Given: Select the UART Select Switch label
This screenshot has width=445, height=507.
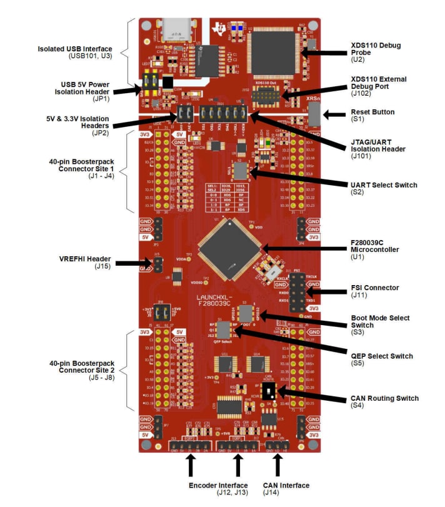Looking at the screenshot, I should click(382, 185).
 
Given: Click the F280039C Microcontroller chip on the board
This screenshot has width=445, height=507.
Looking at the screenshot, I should click(228, 249).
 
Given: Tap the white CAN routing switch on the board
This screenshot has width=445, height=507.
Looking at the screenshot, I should click(269, 392).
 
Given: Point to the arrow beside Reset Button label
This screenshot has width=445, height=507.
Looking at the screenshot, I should click(341, 115).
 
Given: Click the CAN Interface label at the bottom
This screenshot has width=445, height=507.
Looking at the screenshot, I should click(286, 485).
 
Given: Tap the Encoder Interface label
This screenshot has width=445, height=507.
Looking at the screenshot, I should click(218, 485).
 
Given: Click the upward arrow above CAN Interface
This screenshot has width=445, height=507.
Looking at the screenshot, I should click(277, 465).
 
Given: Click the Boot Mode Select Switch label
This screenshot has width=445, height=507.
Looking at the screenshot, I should click(381, 321).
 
